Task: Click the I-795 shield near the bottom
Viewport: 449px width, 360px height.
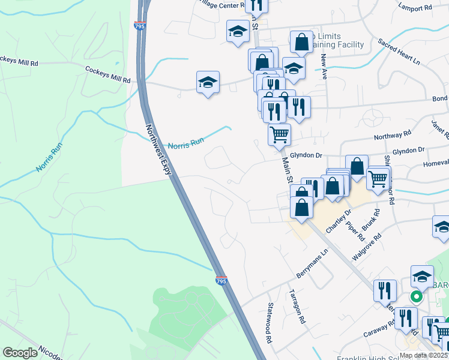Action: point(221,280)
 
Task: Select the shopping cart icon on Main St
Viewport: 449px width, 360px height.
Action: point(279,134)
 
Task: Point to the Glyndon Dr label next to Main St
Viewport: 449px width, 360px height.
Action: point(306,155)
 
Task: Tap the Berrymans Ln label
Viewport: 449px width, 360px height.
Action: point(313,264)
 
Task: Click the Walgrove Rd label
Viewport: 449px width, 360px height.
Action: point(367,246)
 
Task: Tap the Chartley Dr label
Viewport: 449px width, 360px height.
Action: point(337,221)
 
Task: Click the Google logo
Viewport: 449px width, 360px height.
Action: point(20,353)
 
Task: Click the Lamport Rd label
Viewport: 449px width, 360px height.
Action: point(415,8)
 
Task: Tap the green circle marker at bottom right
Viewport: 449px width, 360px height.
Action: point(415,296)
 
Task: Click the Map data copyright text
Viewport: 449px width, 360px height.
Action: point(423,355)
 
